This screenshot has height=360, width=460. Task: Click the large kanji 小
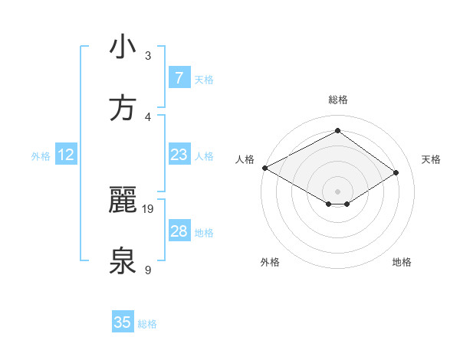pos(122,47)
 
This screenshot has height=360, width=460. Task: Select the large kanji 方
pos(122,109)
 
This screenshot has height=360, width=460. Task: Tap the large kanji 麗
pos(122,201)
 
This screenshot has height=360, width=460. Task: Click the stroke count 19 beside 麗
pos(148,208)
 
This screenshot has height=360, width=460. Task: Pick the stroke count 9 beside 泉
pos(148,270)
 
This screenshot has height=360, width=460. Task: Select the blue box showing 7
pos(179,78)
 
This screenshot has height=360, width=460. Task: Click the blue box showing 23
pos(179,155)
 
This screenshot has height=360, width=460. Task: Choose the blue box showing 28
pos(179,231)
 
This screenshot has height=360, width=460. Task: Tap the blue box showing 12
pos(66,155)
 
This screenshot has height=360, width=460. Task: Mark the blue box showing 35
pos(123,322)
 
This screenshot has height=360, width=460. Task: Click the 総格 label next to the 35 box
pos(148,324)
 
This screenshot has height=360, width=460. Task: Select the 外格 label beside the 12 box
pos(41,156)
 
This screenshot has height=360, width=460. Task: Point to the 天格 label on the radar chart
pos(431,159)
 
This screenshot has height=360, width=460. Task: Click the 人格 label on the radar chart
pos(245,159)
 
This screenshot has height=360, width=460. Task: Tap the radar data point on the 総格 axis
pos(337,131)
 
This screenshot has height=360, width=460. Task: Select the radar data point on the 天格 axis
pos(396,172)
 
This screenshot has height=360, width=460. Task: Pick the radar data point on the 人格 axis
pos(264,168)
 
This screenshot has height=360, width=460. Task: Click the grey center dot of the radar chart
pos(337,191)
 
